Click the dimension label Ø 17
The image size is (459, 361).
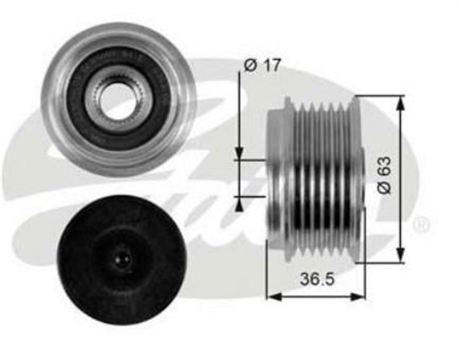262,65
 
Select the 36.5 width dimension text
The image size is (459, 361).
317,279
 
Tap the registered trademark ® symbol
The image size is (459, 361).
421,223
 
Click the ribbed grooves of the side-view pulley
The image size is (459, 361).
321,180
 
